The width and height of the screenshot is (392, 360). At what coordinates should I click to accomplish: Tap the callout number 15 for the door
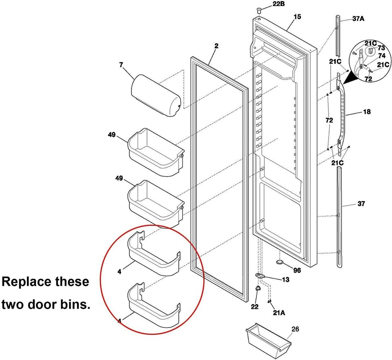coord(297,17)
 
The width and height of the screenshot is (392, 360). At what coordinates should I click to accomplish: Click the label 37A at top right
coord(359,19)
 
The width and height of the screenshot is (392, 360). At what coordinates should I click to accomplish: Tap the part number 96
coord(297,270)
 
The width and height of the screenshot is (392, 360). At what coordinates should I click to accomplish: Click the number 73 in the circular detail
coord(381,48)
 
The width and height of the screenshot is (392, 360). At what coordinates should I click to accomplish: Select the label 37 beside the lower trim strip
coord(361,203)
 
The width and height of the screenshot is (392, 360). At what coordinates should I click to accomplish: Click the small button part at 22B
coord(259,9)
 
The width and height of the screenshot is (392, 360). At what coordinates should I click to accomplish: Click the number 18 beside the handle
coord(367,112)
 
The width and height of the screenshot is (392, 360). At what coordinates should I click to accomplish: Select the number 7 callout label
coord(121,65)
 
